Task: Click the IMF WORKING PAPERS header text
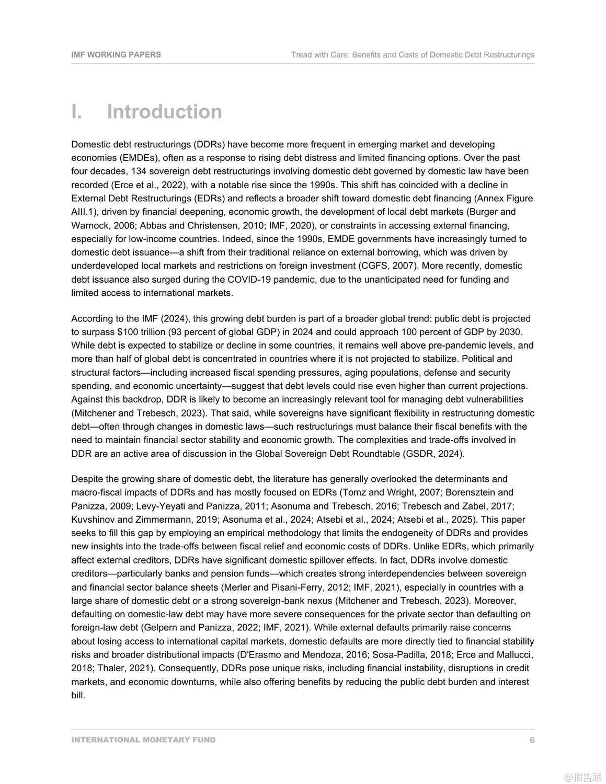[x=116, y=54]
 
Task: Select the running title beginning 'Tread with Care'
[x=413, y=54]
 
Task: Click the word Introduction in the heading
[x=164, y=112]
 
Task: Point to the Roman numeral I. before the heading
[x=77, y=112]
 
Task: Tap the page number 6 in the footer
[x=532, y=740]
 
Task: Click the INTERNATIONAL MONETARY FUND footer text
[x=143, y=740]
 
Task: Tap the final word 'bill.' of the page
[x=78, y=696]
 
